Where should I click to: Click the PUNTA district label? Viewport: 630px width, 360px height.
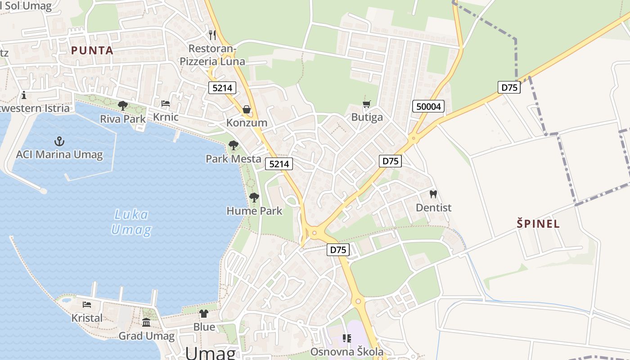(92, 50)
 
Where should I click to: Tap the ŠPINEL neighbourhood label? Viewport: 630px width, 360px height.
(538, 224)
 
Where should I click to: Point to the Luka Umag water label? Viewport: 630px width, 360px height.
(131, 222)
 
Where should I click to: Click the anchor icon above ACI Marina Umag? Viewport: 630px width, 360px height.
(59, 141)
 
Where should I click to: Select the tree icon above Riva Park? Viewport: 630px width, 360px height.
(122, 106)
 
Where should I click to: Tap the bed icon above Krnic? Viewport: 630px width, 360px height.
(166, 104)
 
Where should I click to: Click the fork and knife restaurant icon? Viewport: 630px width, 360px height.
(212, 35)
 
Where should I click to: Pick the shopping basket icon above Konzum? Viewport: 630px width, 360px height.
(247, 109)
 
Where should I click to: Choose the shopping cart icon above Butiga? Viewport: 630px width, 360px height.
(367, 104)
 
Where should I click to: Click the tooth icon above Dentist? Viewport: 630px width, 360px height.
(433, 194)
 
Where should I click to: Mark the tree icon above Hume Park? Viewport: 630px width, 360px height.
(254, 197)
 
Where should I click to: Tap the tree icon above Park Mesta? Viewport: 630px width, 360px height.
(233, 145)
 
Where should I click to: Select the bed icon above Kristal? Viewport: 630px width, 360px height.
(87, 305)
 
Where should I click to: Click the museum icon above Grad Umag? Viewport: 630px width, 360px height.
(146, 323)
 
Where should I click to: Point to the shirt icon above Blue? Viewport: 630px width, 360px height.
(204, 314)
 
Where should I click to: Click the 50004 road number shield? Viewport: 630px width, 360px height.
(428, 106)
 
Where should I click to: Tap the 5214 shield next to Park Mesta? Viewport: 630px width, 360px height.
(279, 164)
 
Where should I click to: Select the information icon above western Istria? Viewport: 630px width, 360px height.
(23, 95)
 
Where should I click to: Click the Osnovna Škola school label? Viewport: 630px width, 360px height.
(347, 351)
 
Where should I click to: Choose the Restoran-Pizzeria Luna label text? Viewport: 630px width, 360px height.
(212, 55)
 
